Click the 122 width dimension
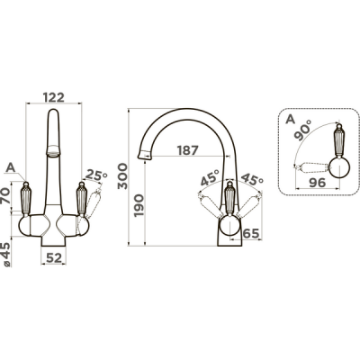pos(54,97)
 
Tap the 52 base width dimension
pos(54,257)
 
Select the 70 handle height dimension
pos(6,195)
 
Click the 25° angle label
pos(96,175)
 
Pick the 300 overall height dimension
pos(122,176)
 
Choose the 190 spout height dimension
pos(139,206)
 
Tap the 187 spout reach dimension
pos(187,150)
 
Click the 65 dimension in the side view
pos(250,233)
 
